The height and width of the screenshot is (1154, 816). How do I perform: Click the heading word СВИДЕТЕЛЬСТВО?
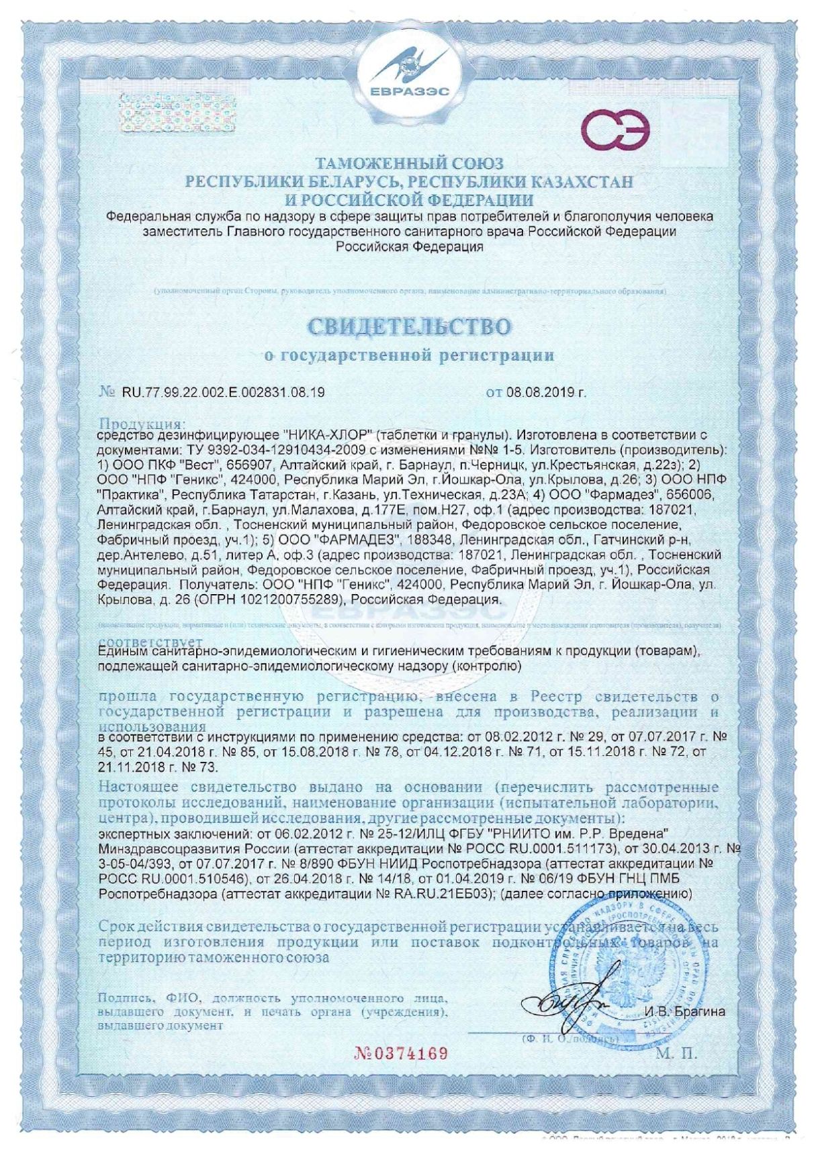click(409, 327)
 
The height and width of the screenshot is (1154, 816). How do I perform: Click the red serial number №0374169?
click(401, 1053)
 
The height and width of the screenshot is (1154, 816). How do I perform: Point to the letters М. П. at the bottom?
click(676, 1053)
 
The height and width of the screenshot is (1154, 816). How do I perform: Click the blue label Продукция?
click(141, 424)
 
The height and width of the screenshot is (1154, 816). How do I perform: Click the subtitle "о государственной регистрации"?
click(409, 355)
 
